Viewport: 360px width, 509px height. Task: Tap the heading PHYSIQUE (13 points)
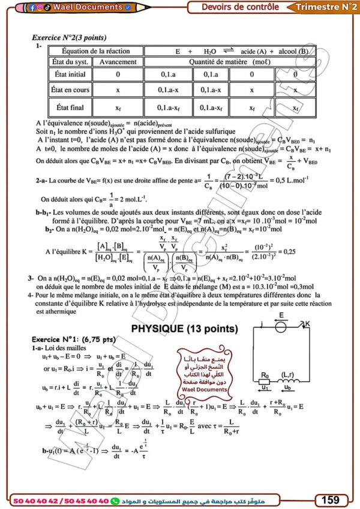pos(184,329)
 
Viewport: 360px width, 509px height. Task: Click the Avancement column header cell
pos(118,62)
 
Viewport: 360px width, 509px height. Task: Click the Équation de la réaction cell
pos(96,51)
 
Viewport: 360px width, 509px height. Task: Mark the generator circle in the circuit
pos(280,327)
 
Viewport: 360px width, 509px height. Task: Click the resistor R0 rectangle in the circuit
pos(265,384)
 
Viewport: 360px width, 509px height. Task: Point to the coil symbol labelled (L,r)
pos(302,384)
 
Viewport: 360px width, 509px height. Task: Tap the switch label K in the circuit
pos(308,324)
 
